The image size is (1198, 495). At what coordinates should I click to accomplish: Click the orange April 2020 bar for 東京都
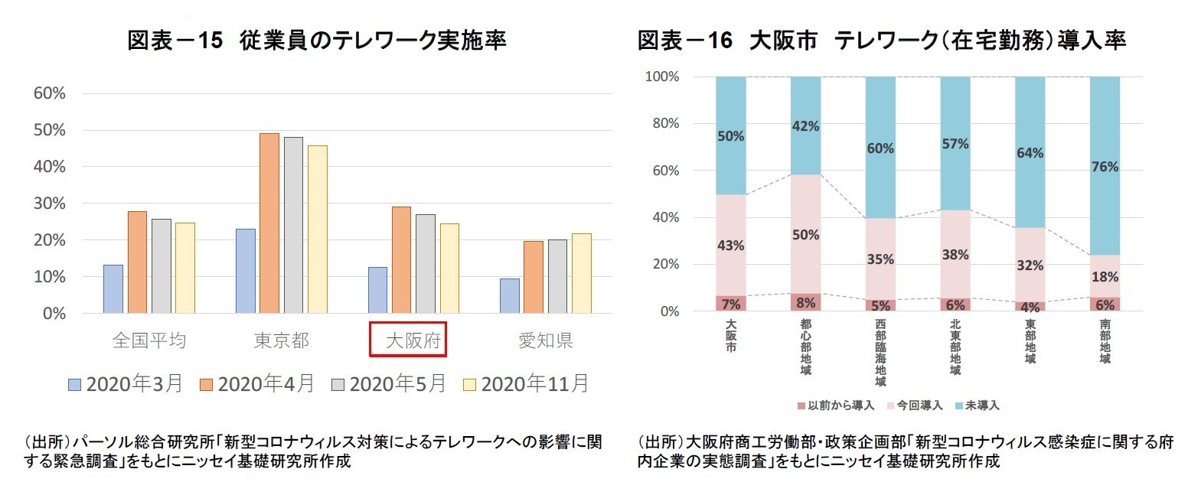(269, 223)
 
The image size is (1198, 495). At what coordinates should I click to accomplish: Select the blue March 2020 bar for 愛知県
(510, 295)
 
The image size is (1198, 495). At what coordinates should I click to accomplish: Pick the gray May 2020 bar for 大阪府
(425, 263)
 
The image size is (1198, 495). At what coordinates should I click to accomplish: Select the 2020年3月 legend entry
(126, 384)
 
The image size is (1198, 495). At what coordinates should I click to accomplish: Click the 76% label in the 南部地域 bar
(1105, 167)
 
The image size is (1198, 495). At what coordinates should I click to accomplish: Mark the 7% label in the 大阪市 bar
(730, 304)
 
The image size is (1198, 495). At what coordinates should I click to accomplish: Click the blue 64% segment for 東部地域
(1030, 152)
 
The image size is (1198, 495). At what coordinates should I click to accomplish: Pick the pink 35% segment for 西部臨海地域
(880, 259)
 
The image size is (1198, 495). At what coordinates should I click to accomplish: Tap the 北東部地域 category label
(955, 349)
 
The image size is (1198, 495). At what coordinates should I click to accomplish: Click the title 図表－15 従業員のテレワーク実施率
(317, 41)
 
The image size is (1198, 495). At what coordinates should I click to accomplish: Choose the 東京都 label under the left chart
(282, 340)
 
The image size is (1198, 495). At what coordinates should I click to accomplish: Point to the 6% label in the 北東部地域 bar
(955, 304)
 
